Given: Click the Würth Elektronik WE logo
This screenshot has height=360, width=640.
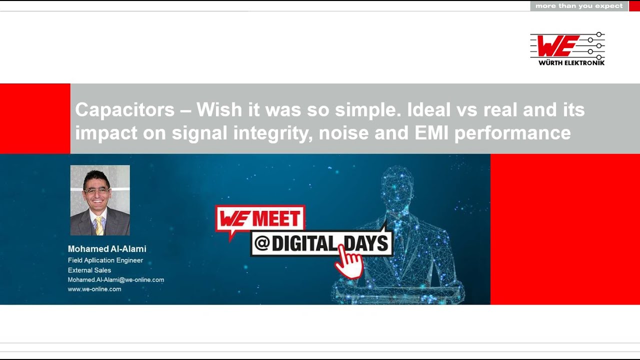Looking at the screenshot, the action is click(x=567, y=49).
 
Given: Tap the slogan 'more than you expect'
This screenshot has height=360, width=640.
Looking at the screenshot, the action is click(x=579, y=6).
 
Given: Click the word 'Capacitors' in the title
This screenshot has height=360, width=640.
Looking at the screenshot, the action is click(x=125, y=109).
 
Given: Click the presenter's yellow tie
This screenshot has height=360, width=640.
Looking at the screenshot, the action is click(x=99, y=225).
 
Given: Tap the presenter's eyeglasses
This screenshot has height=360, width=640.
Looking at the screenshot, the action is click(x=96, y=191).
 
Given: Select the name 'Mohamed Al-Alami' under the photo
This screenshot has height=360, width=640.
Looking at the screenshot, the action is click(x=107, y=249).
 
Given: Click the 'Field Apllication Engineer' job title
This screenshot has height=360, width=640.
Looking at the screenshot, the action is click(x=105, y=260).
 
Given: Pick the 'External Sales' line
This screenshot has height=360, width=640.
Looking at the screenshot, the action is click(x=89, y=270).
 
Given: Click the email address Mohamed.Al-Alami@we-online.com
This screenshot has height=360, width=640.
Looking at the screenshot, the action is click(x=116, y=279).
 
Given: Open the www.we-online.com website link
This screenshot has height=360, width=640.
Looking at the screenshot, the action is click(x=94, y=289).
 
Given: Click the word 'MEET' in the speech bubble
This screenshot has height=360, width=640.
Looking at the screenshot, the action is click(x=276, y=218).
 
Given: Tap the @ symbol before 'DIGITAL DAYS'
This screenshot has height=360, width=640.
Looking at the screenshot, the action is click(x=262, y=243).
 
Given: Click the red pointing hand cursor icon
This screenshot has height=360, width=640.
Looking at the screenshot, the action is click(x=348, y=261).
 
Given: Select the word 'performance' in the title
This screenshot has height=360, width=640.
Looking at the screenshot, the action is click(x=512, y=133).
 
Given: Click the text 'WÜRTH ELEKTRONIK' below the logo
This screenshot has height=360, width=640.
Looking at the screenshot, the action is click(x=571, y=63).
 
